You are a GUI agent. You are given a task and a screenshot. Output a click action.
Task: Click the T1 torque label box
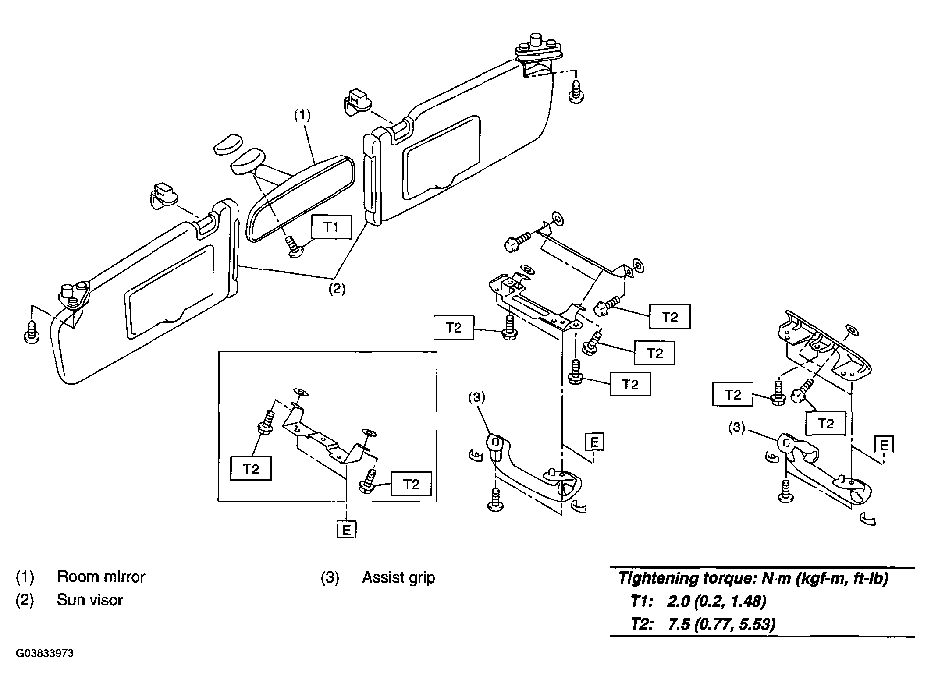point(331,227)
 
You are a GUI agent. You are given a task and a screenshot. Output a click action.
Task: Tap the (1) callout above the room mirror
point(302,115)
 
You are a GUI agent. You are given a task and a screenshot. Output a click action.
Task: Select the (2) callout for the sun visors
point(337,290)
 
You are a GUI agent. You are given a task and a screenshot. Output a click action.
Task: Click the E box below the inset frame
point(347,530)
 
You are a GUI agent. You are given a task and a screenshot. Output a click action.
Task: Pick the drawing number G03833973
point(45,654)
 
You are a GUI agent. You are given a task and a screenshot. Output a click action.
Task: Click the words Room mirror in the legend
point(101,577)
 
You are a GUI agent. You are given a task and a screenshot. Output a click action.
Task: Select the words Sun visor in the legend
point(90,600)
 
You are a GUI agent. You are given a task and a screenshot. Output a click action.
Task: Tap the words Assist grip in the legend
point(398,578)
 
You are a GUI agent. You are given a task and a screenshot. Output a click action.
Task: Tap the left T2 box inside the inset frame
point(251,469)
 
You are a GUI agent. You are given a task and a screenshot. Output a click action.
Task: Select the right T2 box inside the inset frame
point(411,484)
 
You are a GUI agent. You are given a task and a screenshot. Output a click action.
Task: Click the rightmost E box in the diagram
point(884,446)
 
